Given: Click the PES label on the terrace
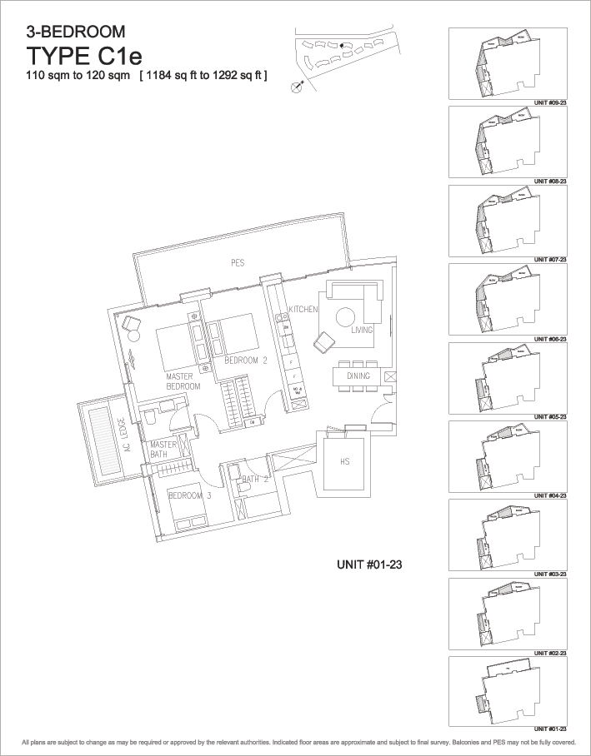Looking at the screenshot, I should coord(238,263).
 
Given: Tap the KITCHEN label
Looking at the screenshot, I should coord(303,310).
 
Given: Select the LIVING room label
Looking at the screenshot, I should coord(362,331).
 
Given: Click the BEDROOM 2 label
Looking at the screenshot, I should coord(245,361).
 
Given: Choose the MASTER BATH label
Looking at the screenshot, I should coord(163,449).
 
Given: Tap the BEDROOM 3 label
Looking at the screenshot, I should coord(186,496).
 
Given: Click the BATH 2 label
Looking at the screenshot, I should coord(253,480).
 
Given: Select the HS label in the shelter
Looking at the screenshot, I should coord(343,461).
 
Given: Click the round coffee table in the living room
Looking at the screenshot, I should coord(346,316).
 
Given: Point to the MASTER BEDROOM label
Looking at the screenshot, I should coord(183,381).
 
